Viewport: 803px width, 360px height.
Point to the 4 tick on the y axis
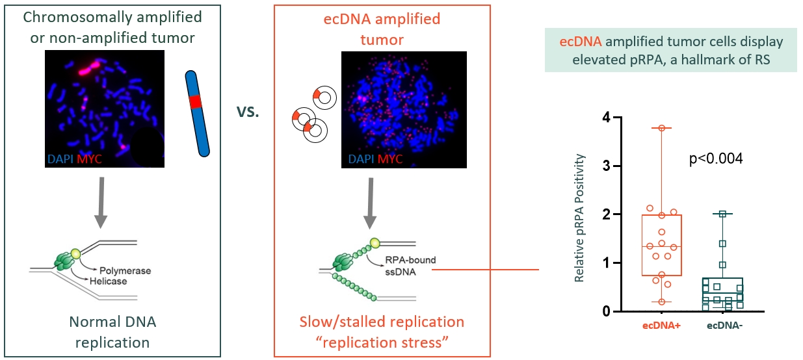coord(606,118)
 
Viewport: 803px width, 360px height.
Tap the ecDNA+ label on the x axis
coord(661,327)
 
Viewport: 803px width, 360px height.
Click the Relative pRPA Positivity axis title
coord(579,218)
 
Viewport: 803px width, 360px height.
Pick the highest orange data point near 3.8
coord(662,128)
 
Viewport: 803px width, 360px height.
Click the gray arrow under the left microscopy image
coord(101,203)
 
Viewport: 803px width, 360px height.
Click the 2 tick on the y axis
coord(606,214)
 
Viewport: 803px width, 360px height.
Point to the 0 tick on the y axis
coord(606,312)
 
